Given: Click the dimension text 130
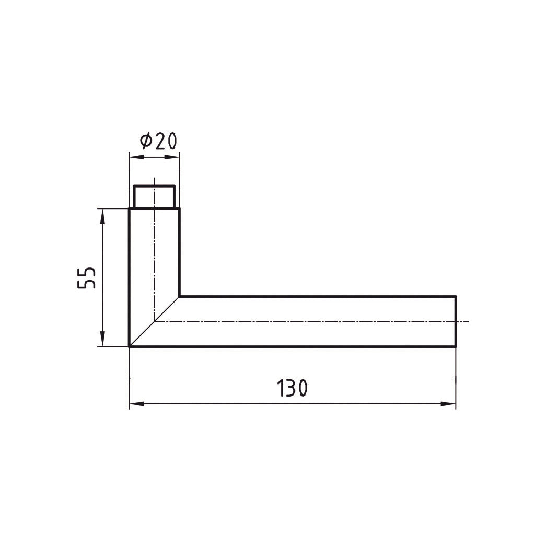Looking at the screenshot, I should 292,388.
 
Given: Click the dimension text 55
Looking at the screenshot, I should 87,277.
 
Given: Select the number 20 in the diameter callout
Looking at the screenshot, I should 166,141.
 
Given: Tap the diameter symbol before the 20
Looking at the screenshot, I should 146,141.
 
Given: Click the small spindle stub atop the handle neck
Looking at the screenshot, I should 154,197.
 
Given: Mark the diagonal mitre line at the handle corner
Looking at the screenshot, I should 154,322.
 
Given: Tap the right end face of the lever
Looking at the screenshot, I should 456,321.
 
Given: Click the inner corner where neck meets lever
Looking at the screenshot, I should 179,296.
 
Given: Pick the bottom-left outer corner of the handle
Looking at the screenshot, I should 130,346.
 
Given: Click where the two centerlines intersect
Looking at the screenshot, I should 154,321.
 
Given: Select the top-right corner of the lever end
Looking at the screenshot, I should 456,296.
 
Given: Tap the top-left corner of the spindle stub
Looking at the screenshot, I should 134,185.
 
